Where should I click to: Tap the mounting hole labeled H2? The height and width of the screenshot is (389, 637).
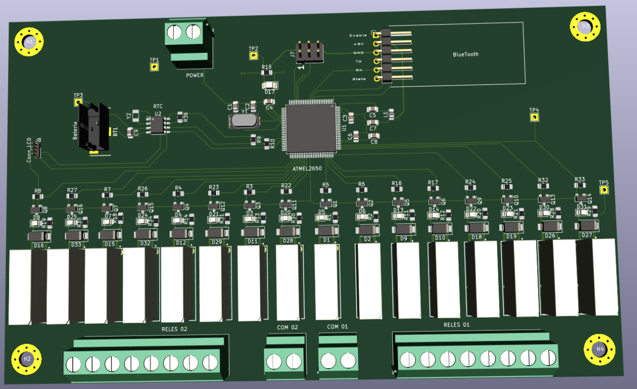coord(26,359)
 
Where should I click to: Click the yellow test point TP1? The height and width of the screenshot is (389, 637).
coord(154,66)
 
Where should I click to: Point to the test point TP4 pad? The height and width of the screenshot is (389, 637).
coord(534,117)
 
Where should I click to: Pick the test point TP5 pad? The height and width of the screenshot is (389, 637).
coord(604,190)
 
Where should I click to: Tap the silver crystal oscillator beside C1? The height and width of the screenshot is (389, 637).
coord(244,121)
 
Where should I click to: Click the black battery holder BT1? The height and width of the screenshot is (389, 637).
coord(93,129)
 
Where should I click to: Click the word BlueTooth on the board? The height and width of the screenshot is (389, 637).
coord(465,54)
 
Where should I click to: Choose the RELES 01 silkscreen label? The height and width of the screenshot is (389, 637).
coord(456,325)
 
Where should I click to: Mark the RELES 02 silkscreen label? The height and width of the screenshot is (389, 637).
coord(174,329)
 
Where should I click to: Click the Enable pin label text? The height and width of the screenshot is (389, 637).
coord(357,35)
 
